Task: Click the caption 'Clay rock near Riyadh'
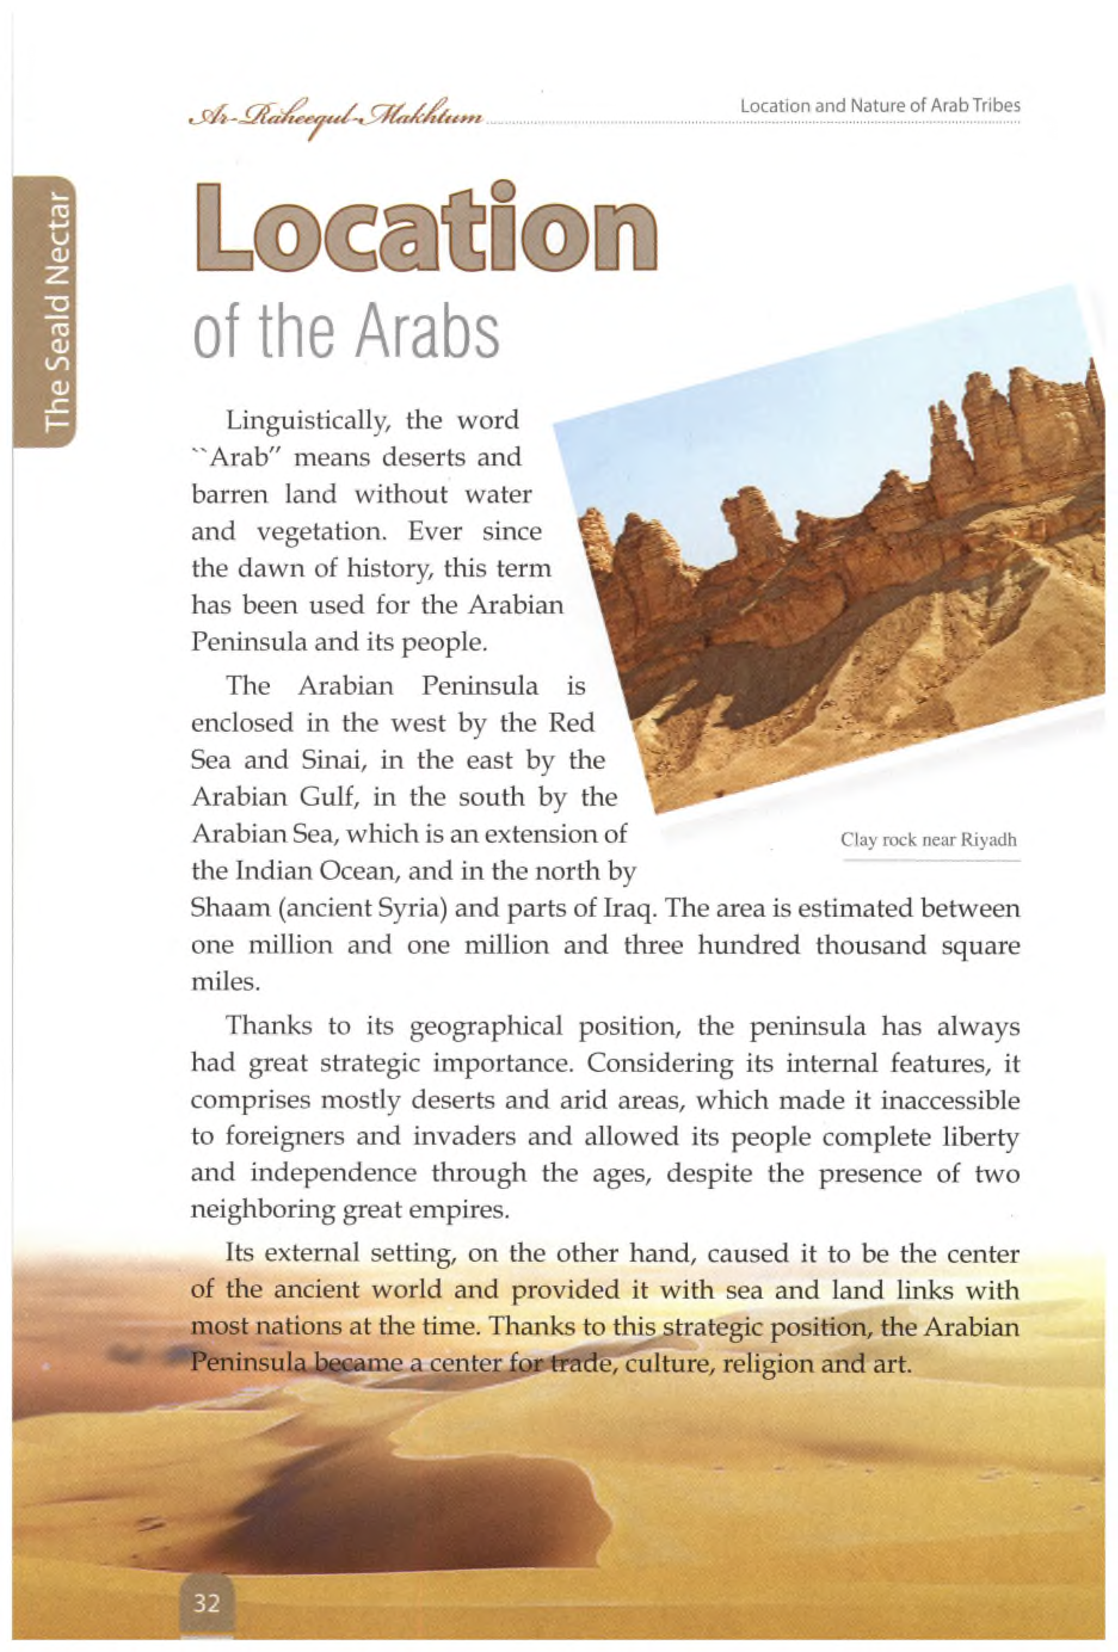pyautogui.click(x=928, y=840)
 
